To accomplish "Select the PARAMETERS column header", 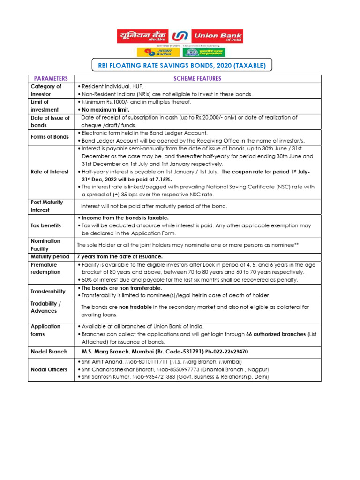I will click(51, 79).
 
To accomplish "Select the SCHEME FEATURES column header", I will click(197, 79).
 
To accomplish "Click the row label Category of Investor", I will click(46, 90).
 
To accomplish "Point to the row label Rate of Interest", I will click(50, 172).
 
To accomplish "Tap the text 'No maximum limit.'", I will click(104, 109).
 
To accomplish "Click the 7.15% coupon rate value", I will click(162, 179).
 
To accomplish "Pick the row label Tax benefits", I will click(46, 225).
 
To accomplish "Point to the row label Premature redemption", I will click(46, 269).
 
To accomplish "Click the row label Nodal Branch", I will click(49, 352).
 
